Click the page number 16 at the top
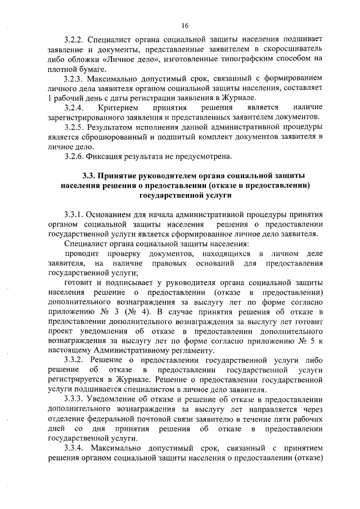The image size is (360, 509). click(184, 25)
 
